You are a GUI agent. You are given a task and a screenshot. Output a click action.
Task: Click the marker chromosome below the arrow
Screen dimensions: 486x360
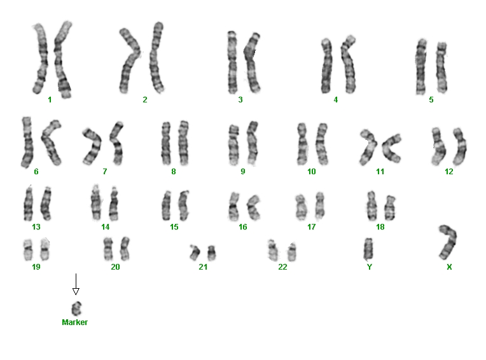[76, 308]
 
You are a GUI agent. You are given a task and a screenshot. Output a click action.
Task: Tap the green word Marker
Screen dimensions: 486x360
[74, 322]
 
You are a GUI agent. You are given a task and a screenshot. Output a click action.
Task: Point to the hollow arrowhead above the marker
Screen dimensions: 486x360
[76, 291]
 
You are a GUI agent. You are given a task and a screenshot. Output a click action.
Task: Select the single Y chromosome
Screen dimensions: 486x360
[368, 249]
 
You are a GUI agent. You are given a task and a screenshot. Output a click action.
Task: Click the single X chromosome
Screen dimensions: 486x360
[448, 242]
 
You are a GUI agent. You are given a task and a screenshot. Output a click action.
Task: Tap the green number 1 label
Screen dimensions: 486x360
[50, 100]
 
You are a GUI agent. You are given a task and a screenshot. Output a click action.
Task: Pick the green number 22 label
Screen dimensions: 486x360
[282, 267]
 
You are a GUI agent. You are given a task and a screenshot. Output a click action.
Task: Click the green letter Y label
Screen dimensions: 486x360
[370, 267]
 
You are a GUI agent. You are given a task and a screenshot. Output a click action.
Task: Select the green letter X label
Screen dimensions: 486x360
[449, 267]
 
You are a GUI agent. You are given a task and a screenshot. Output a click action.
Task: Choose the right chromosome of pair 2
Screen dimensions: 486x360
[156, 57]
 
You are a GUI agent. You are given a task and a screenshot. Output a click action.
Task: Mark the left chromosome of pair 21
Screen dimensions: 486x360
[195, 253]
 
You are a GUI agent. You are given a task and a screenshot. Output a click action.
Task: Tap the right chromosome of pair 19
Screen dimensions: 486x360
[45, 250]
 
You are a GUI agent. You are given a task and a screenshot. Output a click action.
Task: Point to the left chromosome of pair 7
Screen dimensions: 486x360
[93, 146]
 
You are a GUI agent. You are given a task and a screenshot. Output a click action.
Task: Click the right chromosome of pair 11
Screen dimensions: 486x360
[391, 148]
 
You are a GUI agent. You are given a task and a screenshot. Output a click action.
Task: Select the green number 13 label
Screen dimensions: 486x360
[36, 227]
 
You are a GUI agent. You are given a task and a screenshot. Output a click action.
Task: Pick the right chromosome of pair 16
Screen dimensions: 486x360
[254, 207]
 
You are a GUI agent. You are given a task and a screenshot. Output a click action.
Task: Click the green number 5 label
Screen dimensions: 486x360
[431, 100]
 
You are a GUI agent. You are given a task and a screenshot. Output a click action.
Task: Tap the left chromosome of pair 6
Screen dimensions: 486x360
[27, 142]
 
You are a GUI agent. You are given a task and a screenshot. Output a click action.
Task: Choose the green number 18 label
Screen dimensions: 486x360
[380, 227]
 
